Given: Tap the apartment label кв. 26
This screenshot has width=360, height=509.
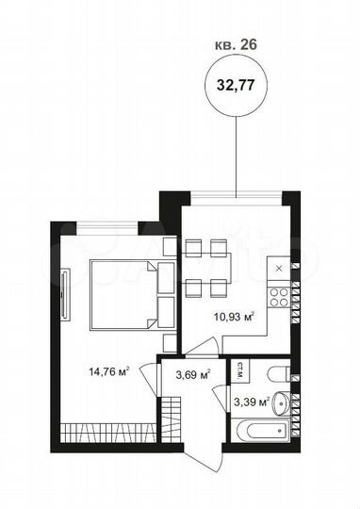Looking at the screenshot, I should [233, 42].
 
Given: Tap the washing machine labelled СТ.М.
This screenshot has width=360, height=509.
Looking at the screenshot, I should [242, 370].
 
